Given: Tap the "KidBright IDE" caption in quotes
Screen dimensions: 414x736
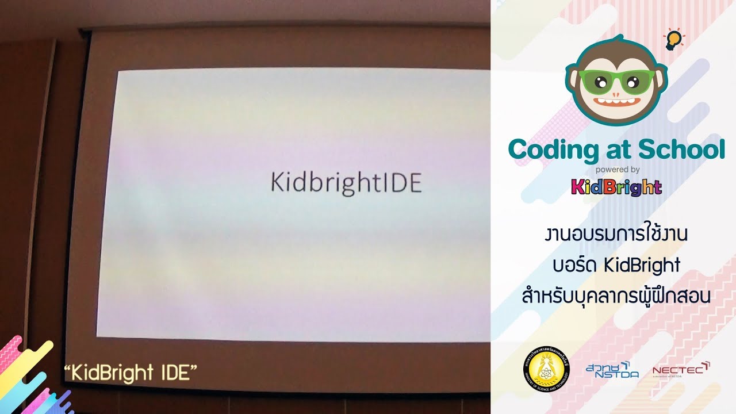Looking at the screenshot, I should click(131, 373).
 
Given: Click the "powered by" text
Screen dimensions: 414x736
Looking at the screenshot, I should click(618, 170).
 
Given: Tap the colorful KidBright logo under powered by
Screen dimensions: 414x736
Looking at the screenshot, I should click(616, 187).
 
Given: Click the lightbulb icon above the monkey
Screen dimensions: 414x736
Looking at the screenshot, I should click(673, 39).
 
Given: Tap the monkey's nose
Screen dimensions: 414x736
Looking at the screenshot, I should click(616, 95).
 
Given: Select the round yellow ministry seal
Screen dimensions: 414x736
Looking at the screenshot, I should click(542, 369).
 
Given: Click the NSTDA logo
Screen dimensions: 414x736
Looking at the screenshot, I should click(612, 370).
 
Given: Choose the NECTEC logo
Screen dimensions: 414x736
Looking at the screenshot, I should click(681, 370).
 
